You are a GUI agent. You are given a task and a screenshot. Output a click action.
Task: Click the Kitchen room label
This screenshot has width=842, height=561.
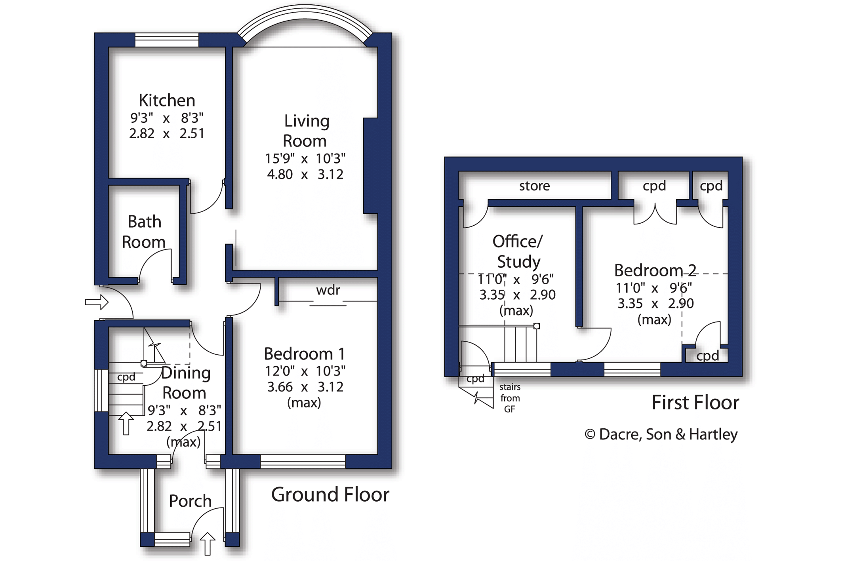click(167, 101)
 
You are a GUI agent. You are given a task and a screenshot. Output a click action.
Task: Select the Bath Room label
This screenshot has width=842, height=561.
click(144, 232)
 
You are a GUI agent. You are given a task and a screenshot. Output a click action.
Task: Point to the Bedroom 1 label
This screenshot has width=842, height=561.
click(304, 354)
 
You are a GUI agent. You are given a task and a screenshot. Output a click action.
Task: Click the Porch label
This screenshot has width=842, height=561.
click(190, 501)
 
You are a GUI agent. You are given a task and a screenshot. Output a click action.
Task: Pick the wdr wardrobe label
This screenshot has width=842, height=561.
click(328, 290)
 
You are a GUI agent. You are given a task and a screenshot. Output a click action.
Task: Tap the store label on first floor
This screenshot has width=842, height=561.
click(535, 186)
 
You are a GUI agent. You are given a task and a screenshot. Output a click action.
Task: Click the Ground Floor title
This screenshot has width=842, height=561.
click(330, 494)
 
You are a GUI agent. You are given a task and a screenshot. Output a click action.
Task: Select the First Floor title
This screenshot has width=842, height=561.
click(695, 403)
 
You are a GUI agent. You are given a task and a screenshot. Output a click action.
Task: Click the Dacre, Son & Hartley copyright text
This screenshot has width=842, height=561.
click(661, 434)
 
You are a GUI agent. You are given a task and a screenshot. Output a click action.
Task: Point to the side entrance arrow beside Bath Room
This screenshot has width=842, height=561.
click(97, 302)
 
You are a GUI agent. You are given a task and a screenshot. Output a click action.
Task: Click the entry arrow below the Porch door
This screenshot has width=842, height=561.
click(208, 544)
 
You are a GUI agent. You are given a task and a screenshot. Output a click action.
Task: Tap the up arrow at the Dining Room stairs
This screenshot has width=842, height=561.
click(126, 423)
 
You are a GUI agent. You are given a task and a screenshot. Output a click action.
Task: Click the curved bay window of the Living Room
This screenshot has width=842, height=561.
click(305, 12)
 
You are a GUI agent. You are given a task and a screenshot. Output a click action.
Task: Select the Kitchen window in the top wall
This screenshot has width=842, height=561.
click(167, 40)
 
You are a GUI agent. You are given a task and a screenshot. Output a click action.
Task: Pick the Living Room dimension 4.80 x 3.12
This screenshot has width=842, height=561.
click(305, 174)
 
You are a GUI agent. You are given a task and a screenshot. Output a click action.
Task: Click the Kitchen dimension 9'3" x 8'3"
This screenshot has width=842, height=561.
click(167, 118)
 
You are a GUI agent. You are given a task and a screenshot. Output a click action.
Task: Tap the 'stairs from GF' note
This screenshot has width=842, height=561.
click(510, 398)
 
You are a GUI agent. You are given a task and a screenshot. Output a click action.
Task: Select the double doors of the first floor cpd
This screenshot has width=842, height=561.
click(655, 214)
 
